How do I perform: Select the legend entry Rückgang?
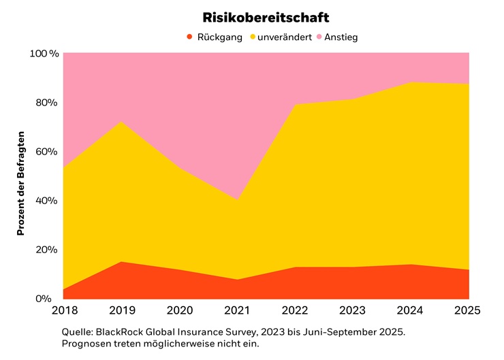point(219,37)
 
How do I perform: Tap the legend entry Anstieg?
point(341,37)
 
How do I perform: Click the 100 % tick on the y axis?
point(44,53)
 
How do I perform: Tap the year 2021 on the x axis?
point(237,311)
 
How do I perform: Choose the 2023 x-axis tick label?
point(353,311)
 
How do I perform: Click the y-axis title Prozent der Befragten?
point(21,183)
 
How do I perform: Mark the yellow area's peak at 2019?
point(121,122)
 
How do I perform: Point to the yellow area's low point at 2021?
point(237,200)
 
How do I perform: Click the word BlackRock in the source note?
point(118,331)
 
